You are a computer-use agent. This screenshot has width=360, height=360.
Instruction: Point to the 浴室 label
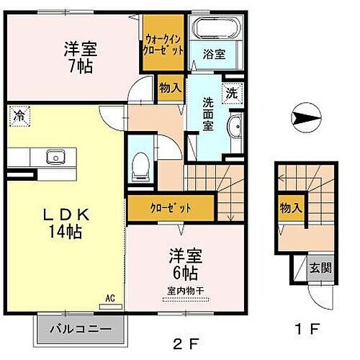(x=214, y=53)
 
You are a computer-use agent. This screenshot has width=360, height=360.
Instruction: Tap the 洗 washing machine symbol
(x=231, y=91)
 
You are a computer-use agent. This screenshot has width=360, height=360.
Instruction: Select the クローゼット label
(x=171, y=208)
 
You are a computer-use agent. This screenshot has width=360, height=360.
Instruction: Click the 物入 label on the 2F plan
(x=170, y=88)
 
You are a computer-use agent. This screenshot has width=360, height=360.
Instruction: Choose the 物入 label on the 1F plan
(x=290, y=208)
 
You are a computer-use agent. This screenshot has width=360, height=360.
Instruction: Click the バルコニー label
(x=80, y=330)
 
